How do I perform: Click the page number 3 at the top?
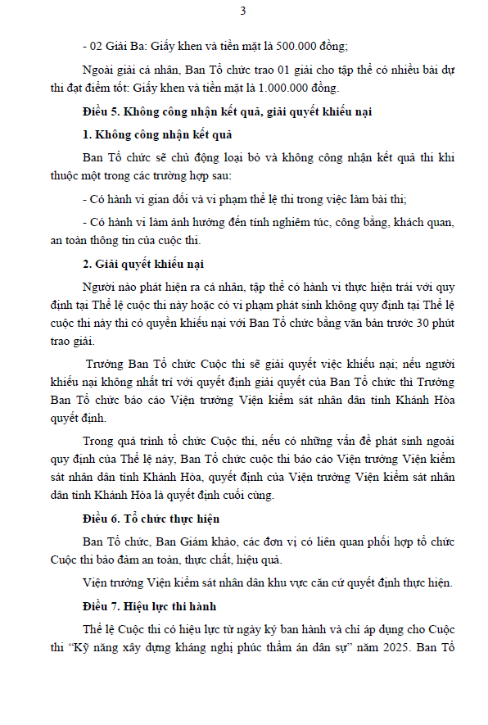(x=243, y=11)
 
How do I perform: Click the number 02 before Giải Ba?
(x=98, y=45)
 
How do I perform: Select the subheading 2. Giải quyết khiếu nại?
(x=143, y=263)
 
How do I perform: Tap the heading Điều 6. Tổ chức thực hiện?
(x=151, y=519)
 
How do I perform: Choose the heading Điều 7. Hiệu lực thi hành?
(x=150, y=605)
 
